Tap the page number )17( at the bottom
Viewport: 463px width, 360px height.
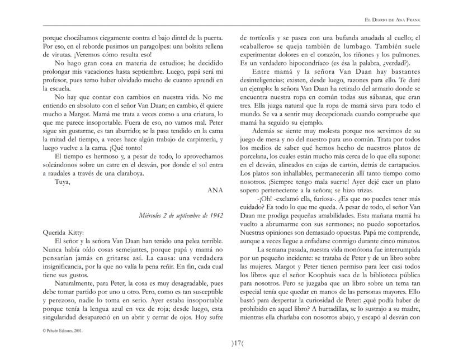231,343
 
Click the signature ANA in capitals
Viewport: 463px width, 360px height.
215,190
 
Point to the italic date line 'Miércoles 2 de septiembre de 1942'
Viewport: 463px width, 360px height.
173,215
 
